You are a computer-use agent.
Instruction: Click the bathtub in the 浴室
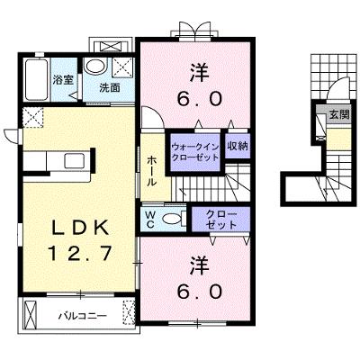point(36,80)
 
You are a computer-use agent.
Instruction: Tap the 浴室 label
point(63,80)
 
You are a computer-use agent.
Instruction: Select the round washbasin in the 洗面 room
point(94,66)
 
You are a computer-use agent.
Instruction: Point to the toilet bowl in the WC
point(172,219)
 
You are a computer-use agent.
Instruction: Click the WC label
point(150,220)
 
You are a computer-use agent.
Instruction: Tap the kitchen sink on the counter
point(75,161)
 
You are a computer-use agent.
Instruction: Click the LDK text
point(80,229)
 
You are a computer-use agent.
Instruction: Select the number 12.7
point(79,254)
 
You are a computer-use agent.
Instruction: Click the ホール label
point(151,170)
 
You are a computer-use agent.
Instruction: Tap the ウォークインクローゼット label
point(194,152)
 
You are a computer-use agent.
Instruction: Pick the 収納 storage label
point(238,146)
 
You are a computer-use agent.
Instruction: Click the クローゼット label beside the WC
point(221,220)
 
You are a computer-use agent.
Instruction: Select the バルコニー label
point(82,316)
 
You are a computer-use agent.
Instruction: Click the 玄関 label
point(339,114)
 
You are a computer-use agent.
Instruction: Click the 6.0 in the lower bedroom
point(200,291)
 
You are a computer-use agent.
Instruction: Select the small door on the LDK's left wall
point(12,136)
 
